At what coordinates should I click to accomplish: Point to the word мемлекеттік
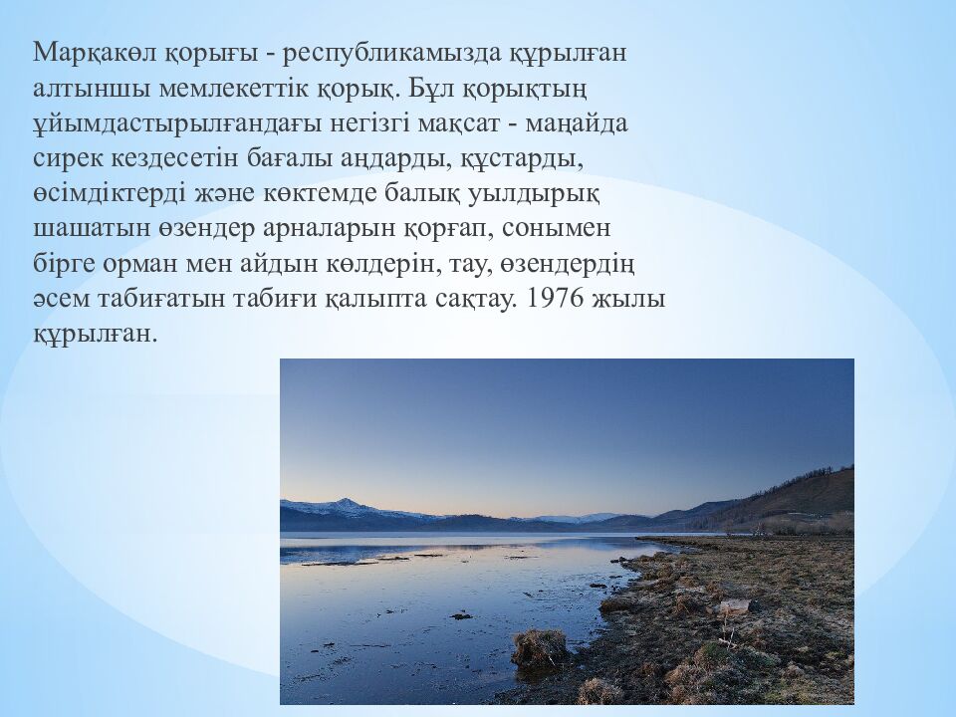click(235, 88)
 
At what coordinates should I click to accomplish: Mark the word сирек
click(69, 159)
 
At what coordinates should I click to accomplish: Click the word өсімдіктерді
click(110, 194)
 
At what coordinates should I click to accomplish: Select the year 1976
click(551, 299)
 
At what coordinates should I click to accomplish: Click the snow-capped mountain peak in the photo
click(346, 501)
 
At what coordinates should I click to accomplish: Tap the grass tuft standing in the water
click(539, 648)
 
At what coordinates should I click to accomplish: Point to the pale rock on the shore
click(735, 606)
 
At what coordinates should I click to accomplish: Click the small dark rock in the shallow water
click(461, 615)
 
